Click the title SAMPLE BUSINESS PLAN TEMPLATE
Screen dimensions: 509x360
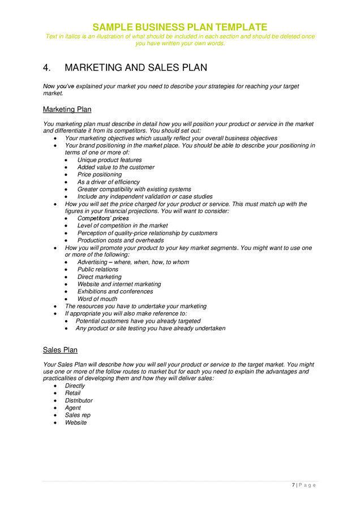[x=179, y=27]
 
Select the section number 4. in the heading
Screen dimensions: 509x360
[x=48, y=68]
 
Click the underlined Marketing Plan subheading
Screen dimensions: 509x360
[x=67, y=109]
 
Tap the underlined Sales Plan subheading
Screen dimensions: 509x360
[x=60, y=350]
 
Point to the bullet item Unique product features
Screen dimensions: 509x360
[x=109, y=160]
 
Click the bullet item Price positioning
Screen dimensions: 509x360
[x=99, y=175]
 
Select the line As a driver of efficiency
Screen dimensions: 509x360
[x=108, y=182]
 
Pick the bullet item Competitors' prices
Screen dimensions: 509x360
[x=102, y=218]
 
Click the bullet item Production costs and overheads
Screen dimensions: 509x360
[x=120, y=240]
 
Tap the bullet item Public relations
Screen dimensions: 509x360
[x=97, y=270]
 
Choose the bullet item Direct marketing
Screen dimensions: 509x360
[x=99, y=277]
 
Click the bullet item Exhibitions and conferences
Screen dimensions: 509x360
[x=115, y=292]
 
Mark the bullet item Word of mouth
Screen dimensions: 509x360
[x=97, y=299]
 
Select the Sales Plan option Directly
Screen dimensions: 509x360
[x=75, y=386]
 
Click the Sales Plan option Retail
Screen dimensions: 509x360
[x=72, y=393]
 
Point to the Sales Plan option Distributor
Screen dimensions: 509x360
[x=79, y=400]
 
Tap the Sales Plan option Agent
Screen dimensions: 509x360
[x=72, y=408]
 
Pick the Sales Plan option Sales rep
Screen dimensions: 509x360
[x=78, y=415]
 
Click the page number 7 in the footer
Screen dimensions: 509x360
[x=294, y=485]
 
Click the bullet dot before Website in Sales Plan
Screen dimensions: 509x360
[x=55, y=423]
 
